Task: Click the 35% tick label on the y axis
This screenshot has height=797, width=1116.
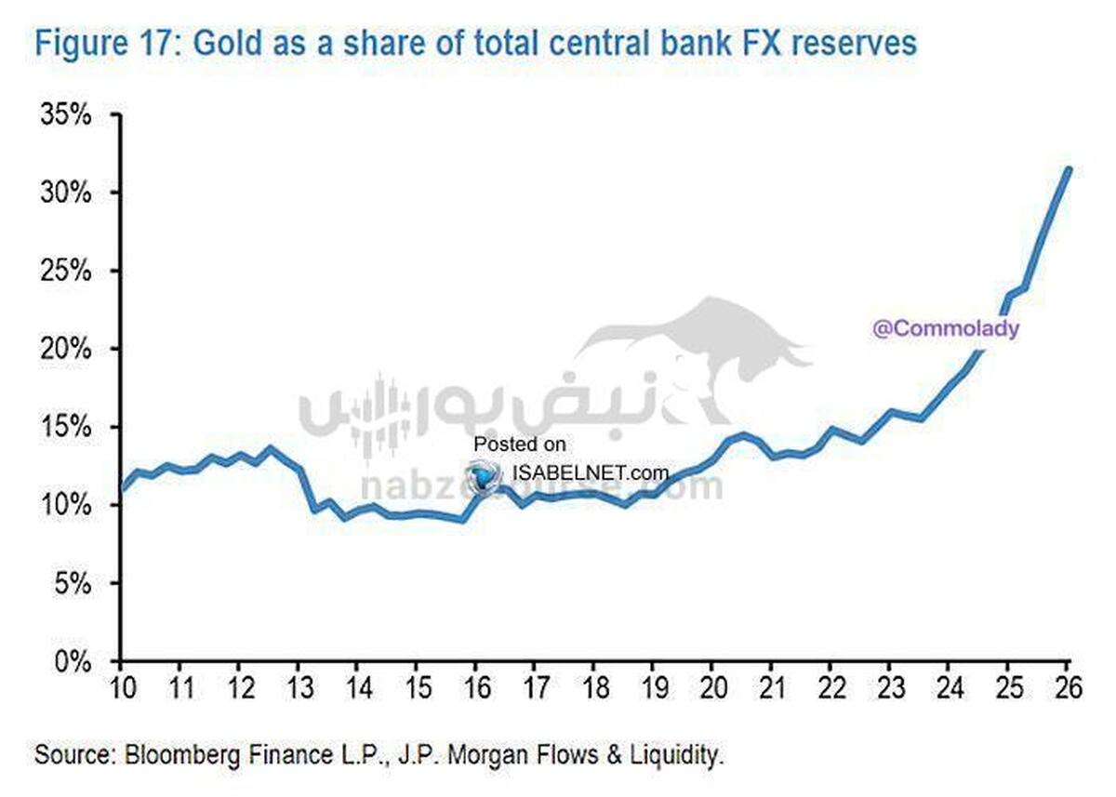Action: click(64, 115)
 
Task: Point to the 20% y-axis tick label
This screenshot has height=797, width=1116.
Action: click(64, 350)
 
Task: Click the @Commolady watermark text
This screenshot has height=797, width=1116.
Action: click(945, 328)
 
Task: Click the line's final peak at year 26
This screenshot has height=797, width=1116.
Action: click(1069, 170)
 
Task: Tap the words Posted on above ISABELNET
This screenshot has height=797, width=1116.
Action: click(519, 445)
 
